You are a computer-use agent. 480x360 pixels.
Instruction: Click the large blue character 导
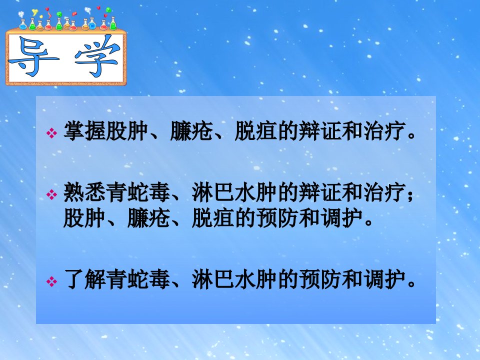click(x=33, y=56)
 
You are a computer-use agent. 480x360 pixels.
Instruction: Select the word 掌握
click(x=85, y=131)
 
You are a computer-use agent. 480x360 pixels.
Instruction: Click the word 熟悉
click(x=85, y=192)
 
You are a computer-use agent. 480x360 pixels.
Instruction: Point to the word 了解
click(x=85, y=279)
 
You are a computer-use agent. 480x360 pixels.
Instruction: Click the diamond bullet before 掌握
click(x=51, y=133)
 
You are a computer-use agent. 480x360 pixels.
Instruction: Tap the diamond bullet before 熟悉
click(x=51, y=194)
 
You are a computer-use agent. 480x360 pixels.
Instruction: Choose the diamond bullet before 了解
click(x=51, y=281)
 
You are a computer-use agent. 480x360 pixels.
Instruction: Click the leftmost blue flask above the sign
click(x=23, y=24)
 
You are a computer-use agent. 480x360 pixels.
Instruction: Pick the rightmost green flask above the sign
click(x=113, y=23)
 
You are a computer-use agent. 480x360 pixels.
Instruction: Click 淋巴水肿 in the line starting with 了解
click(x=234, y=279)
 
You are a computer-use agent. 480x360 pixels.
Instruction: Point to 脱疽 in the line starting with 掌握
click(x=256, y=131)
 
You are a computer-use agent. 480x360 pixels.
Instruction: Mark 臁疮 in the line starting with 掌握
click(x=191, y=131)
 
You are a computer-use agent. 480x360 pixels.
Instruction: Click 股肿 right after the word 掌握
click(x=127, y=131)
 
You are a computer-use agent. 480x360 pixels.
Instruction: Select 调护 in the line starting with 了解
click(x=384, y=279)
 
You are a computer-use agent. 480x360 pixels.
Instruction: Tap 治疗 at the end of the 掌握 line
click(x=384, y=131)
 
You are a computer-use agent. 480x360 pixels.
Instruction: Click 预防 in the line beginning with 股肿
click(x=277, y=218)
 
